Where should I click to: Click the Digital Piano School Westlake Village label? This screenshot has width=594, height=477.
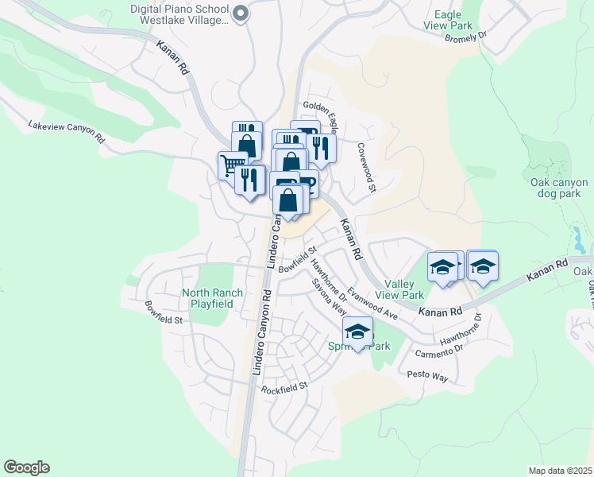(x=179, y=14)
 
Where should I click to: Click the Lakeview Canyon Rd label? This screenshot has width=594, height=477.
(x=67, y=132)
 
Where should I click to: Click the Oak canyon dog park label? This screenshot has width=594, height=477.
(x=559, y=188)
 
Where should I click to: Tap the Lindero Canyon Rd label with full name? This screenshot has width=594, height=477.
(x=261, y=332)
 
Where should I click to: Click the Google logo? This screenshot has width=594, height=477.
(x=26, y=467)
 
